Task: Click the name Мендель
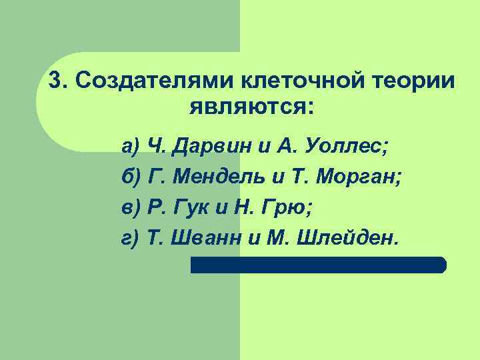[224, 177]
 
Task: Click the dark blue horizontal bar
[318, 265]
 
